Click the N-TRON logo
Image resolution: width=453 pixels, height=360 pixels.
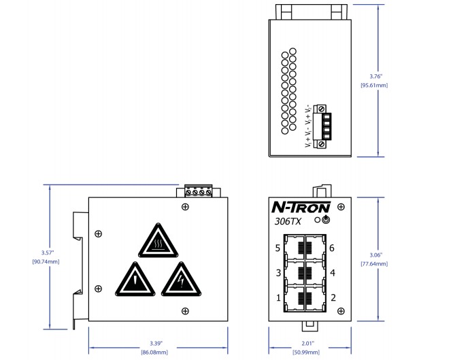[301, 208]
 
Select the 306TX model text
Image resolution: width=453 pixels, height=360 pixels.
[288, 221]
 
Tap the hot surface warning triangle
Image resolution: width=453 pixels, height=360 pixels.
[158, 240]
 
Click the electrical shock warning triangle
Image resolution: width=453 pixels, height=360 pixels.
[181, 279]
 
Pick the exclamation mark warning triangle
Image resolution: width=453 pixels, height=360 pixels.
[135, 279]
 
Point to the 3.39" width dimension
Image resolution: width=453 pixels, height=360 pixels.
[156, 343]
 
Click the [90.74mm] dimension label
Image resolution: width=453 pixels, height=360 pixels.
[46, 262]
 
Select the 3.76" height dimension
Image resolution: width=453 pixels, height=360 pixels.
[376, 76]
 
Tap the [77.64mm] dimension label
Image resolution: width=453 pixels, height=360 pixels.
[374, 264]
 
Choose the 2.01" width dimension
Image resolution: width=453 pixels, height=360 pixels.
[308, 343]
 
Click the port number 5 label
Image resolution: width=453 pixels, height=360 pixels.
[278, 248]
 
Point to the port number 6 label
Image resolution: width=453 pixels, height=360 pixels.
[332, 248]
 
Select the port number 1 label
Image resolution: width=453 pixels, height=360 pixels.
[278, 297]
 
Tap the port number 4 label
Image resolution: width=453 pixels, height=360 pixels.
[333, 273]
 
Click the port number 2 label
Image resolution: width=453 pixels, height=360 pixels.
[333, 297]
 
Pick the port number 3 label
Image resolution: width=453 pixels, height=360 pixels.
[278, 273]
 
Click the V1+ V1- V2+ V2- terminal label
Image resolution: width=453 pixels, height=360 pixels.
[308, 126]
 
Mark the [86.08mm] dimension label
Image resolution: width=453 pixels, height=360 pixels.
[154, 353]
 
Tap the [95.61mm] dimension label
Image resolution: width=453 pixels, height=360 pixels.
[374, 85]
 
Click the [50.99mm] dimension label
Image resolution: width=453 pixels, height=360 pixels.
[306, 353]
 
